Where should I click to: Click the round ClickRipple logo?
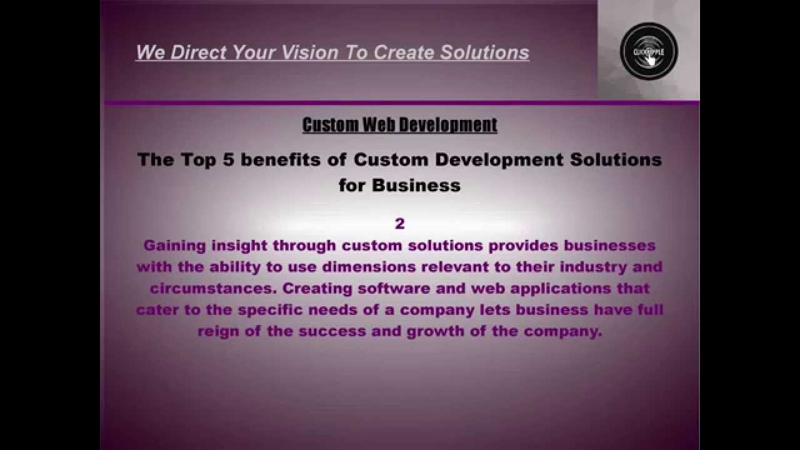649,51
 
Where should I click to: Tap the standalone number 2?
400,224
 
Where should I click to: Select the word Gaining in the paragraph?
174,246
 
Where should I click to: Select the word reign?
218,331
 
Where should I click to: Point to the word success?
332,331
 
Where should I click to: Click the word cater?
157,310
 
